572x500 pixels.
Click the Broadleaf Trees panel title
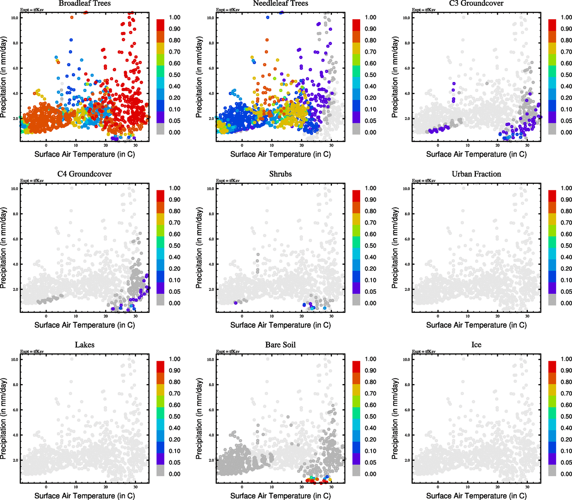point(84,3)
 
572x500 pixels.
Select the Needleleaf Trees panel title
point(280,3)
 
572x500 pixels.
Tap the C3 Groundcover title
point(476,3)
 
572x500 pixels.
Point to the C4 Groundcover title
point(84,174)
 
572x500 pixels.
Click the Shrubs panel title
point(280,174)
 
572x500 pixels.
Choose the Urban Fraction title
point(476,174)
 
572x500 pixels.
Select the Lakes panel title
point(84,345)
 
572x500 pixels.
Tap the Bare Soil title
point(280,345)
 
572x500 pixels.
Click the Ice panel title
point(476,345)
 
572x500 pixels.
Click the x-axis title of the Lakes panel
point(84,496)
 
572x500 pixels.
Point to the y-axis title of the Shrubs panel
point(199,248)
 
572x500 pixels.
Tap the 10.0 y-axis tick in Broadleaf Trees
point(15,18)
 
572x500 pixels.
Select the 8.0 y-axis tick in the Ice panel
point(406,385)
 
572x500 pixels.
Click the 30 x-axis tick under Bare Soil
point(331,487)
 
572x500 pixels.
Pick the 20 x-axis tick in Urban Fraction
point(498,316)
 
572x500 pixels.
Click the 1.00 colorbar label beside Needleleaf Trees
point(371,17)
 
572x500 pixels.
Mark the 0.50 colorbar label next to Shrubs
point(371,246)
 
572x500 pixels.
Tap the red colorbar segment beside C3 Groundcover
point(552,25)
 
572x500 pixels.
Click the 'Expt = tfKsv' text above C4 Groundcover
point(32,180)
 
